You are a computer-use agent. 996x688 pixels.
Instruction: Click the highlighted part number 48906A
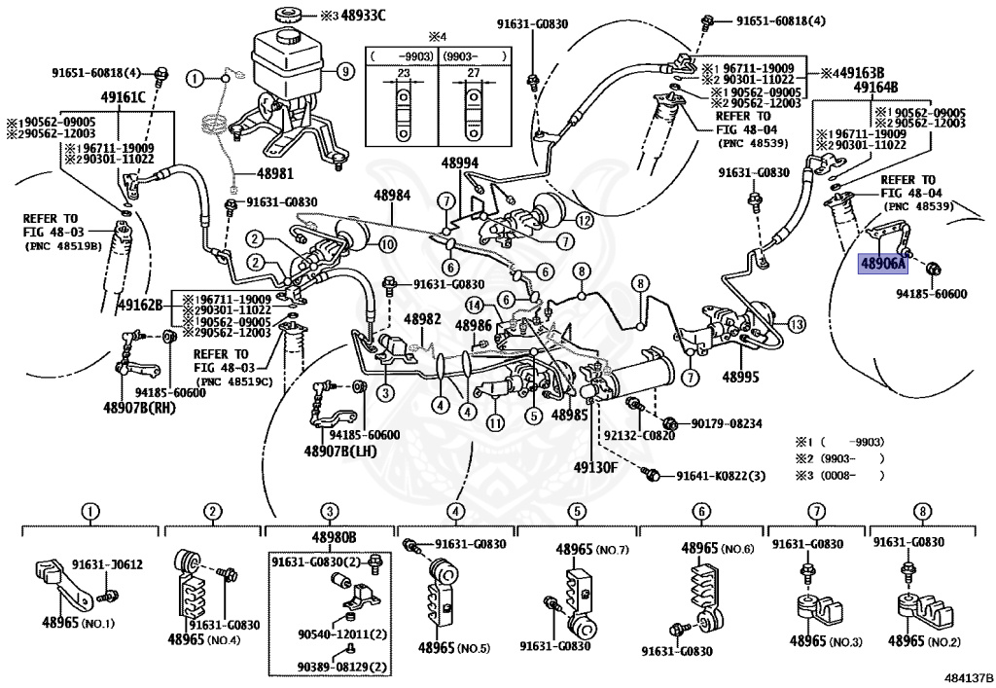pyautogui.click(x=882, y=262)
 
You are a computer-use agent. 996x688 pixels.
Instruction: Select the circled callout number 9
pyautogui.click(x=343, y=70)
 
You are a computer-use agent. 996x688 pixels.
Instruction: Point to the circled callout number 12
pyautogui.click(x=584, y=220)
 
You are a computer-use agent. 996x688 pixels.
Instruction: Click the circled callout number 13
pyautogui.click(x=797, y=324)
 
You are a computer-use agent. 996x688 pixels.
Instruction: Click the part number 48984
pyautogui.click(x=394, y=195)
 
